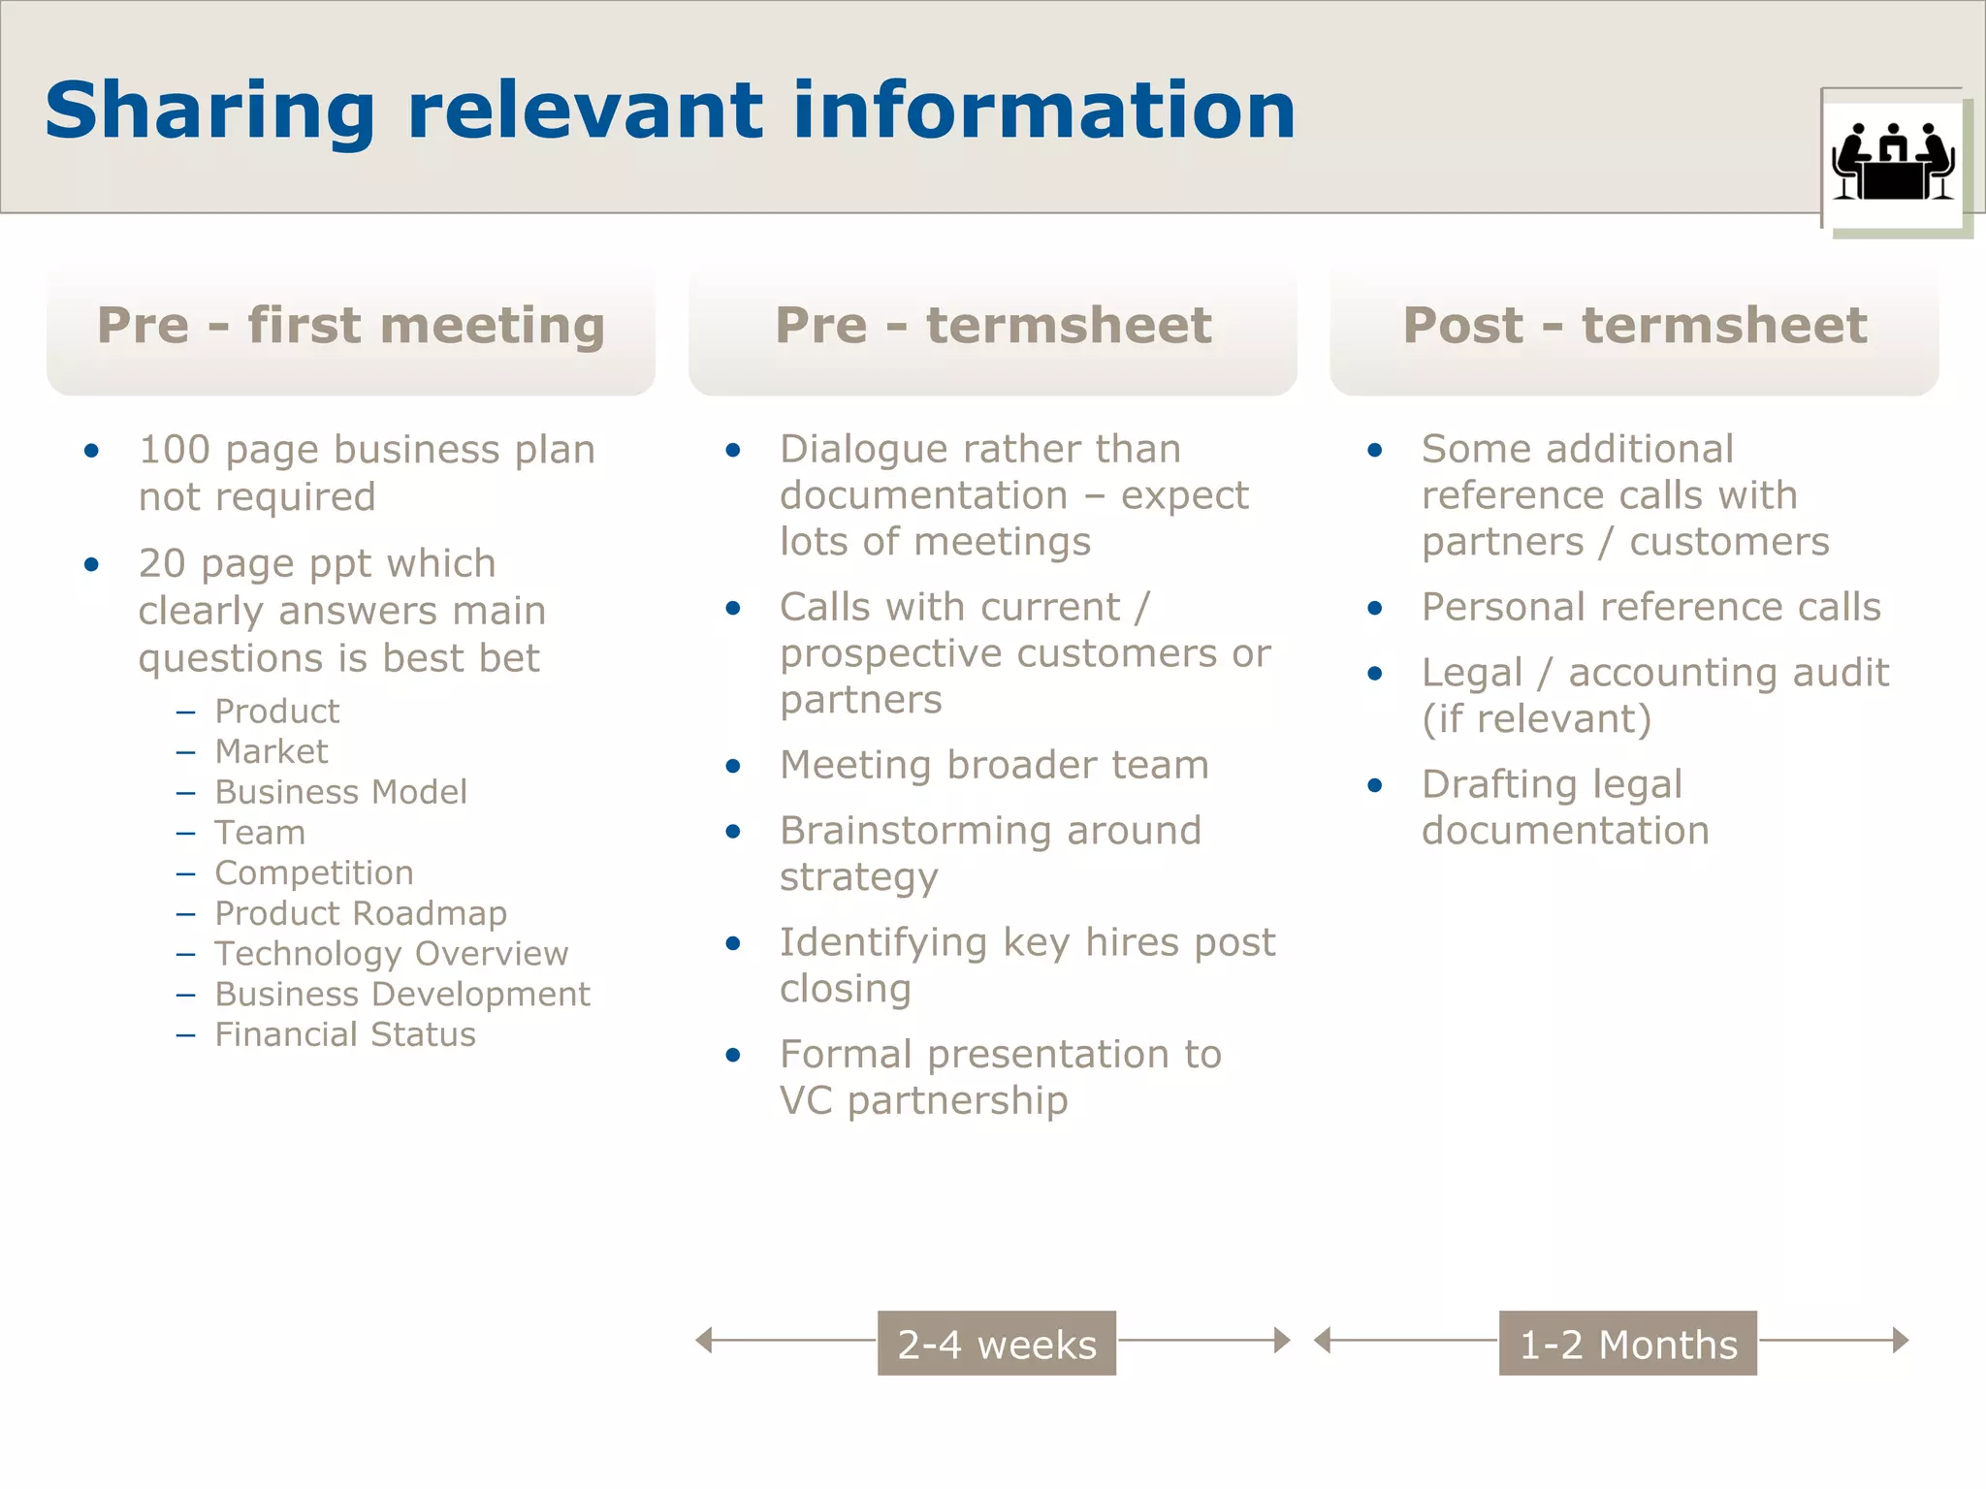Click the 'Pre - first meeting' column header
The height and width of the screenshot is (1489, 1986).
tap(351, 326)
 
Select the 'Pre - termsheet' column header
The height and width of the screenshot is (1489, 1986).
tap(993, 326)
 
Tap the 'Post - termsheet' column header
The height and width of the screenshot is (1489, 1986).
tap(1635, 326)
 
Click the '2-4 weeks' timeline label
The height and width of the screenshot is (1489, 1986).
tap(997, 1344)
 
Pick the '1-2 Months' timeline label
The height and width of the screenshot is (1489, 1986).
tap(1628, 1344)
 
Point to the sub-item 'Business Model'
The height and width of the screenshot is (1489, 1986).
tap(340, 792)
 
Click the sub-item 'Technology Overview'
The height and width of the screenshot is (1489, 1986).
tap(391, 954)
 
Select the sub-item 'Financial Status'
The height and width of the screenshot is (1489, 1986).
tap(345, 1034)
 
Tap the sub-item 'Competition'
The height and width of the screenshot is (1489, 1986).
tap(314, 872)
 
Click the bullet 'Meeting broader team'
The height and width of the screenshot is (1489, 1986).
tap(994, 765)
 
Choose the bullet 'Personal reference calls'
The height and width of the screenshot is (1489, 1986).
tap(1650, 607)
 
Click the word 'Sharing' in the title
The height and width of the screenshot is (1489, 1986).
tap(209, 112)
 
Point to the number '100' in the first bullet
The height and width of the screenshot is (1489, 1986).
tap(175, 450)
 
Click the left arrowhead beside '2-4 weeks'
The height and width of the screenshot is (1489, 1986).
tap(705, 1341)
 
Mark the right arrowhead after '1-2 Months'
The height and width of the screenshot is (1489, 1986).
tap(1901, 1341)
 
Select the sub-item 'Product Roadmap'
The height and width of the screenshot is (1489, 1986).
tap(361, 913)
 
